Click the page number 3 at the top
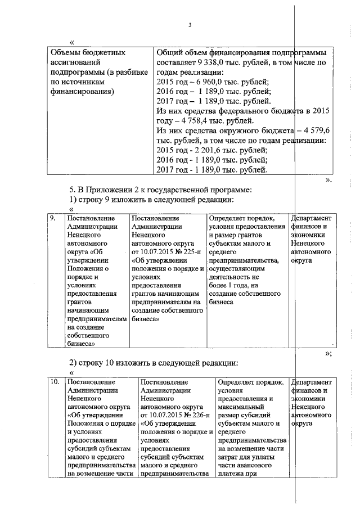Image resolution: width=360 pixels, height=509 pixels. (190, 25)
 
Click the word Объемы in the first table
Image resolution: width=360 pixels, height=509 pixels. (66, 52)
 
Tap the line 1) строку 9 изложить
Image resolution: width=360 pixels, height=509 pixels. (150, 199)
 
